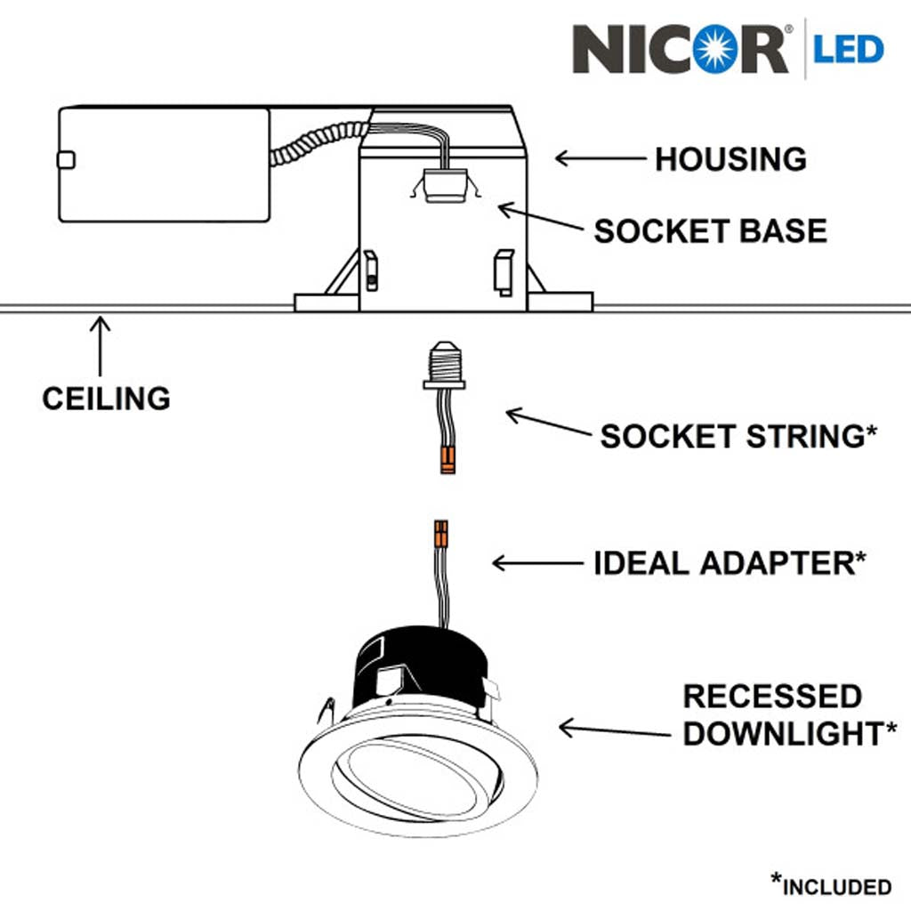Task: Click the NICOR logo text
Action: click(x=681, y=49)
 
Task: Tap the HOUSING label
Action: click(x=730, y=159)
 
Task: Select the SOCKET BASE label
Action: click(x=710, y=231)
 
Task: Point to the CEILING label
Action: click(x=106, y=398)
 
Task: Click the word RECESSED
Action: click(x=772, y=696)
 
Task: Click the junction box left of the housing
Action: click(x=164, y=165)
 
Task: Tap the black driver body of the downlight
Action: click(x=418, y=663)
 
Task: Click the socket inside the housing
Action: click(x=444, y=185)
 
